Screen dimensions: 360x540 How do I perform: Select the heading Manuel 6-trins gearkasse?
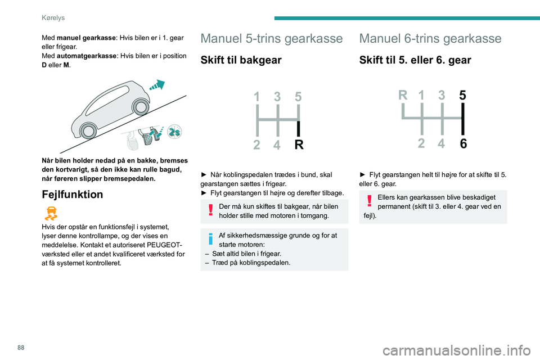pyautogui.click(x=430, y=38)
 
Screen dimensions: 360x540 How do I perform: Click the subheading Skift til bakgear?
pyautogui.click(x=241, y=60)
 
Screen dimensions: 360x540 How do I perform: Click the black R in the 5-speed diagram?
pyautogui.click(x=299, y=145)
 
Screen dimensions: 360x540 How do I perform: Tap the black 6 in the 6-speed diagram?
pyautogui.click(x=463, y=144)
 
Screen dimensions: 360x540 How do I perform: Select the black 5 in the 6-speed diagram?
pyautogui.click(x=463, y=96)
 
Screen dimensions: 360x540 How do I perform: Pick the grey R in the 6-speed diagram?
pyautogui.click(x=403, y=96)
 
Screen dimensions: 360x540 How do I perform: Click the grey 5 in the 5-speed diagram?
pyautogui.click(x=298, y=97)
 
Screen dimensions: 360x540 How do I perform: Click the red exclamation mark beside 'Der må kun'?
pyautogui.click(x=210, y=210)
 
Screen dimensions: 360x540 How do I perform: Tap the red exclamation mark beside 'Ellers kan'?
pyautogui.click(x=370, y=201)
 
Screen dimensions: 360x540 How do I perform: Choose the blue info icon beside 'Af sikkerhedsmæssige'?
pyautogui.click(x=210, y=239)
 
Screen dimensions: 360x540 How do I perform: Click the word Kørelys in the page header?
pyautogui.click(x=53, y=17)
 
